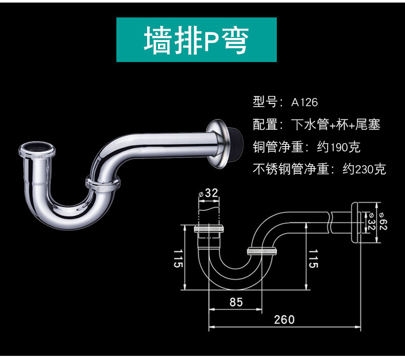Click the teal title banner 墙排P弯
coord(196,40)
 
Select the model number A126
coord(305,102)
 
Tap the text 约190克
coord(338,147)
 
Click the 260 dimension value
coord(284,319)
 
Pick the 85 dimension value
coord(236,302)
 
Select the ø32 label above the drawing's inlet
coord(208,193)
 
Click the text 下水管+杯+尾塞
coord(335,125)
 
